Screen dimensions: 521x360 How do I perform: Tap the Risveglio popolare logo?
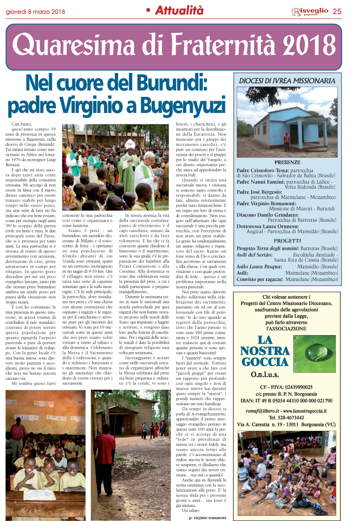point(309,11)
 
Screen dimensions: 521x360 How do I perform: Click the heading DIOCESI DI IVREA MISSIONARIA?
point(287,80)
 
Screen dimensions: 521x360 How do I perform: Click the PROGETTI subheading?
point(287,240)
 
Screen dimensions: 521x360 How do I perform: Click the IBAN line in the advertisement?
point(287,401)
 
